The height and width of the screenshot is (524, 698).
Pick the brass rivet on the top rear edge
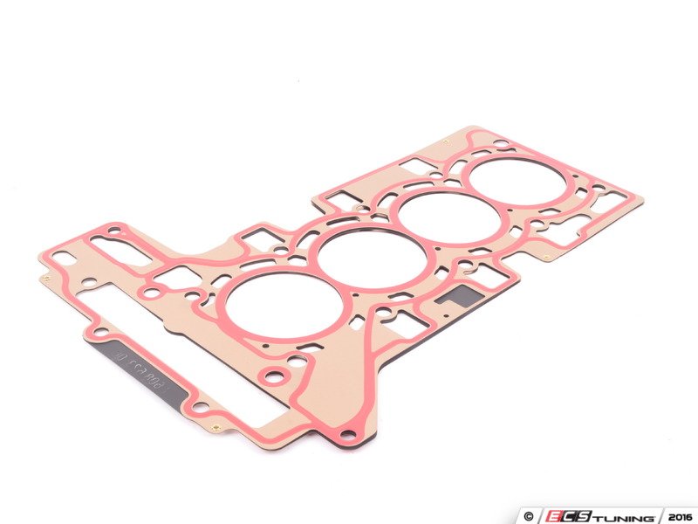(x=447, y=142)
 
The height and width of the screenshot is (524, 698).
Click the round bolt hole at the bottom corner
(x=348, y=435)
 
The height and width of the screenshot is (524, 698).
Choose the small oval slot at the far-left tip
(x=64, y=257)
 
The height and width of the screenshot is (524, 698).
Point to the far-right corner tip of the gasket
(x=642, y=200)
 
